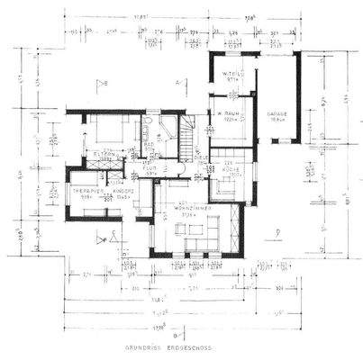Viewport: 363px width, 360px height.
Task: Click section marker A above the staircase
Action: point(178,83)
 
